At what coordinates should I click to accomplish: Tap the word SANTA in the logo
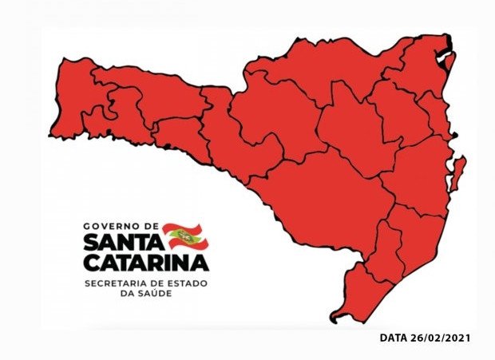click(121, 242)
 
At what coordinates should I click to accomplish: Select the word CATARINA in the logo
click(146, 262)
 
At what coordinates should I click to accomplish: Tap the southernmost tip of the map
click(335, 319)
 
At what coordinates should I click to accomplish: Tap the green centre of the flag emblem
click(185, 236)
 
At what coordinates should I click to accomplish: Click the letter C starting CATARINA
click(90, 262)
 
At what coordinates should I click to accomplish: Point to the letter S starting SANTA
click(90, 242)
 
